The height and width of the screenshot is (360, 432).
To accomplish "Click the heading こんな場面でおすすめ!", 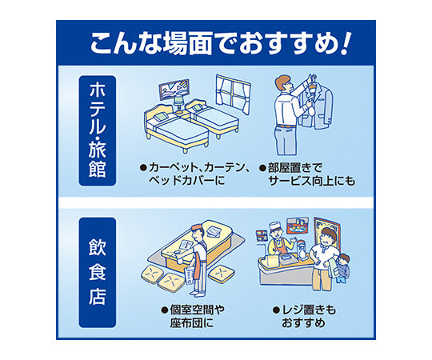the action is pos(221,43).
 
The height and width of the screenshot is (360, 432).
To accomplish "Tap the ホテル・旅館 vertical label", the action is pos(98,130).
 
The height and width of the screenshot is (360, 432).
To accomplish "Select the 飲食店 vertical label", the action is pos(98,272).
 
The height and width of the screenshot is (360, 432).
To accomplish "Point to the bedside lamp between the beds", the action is pos(179,102).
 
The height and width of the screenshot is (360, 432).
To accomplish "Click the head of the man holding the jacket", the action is pos(283,83).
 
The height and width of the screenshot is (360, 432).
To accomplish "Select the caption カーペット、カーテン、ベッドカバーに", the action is pos(196,174).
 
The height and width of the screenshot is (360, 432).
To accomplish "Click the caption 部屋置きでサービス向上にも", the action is pos(307,174).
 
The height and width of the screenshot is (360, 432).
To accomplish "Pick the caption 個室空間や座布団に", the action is pos(193,316).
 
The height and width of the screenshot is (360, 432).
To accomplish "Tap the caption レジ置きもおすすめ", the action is pos(304,316).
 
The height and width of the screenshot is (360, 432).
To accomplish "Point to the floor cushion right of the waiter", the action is pos(222,273).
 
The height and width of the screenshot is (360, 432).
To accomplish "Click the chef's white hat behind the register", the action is pos(274,226).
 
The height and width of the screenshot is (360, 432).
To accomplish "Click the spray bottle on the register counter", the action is pos(302,250).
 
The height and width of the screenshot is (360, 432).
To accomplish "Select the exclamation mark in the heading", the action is pos(345,43).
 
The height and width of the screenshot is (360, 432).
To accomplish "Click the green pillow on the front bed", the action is pos(161,117).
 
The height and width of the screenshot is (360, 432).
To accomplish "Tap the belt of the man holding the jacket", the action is pos(286,126).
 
